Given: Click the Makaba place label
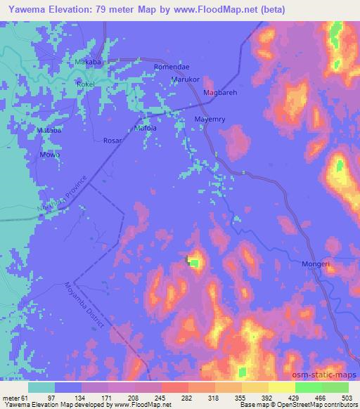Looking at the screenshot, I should coord(89,62).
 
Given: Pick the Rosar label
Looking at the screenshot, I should coord(112,141).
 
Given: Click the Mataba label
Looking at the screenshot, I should coord(49,131).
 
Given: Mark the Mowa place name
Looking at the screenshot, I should coord(49,155).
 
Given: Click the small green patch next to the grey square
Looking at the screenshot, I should coord(195,264).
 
